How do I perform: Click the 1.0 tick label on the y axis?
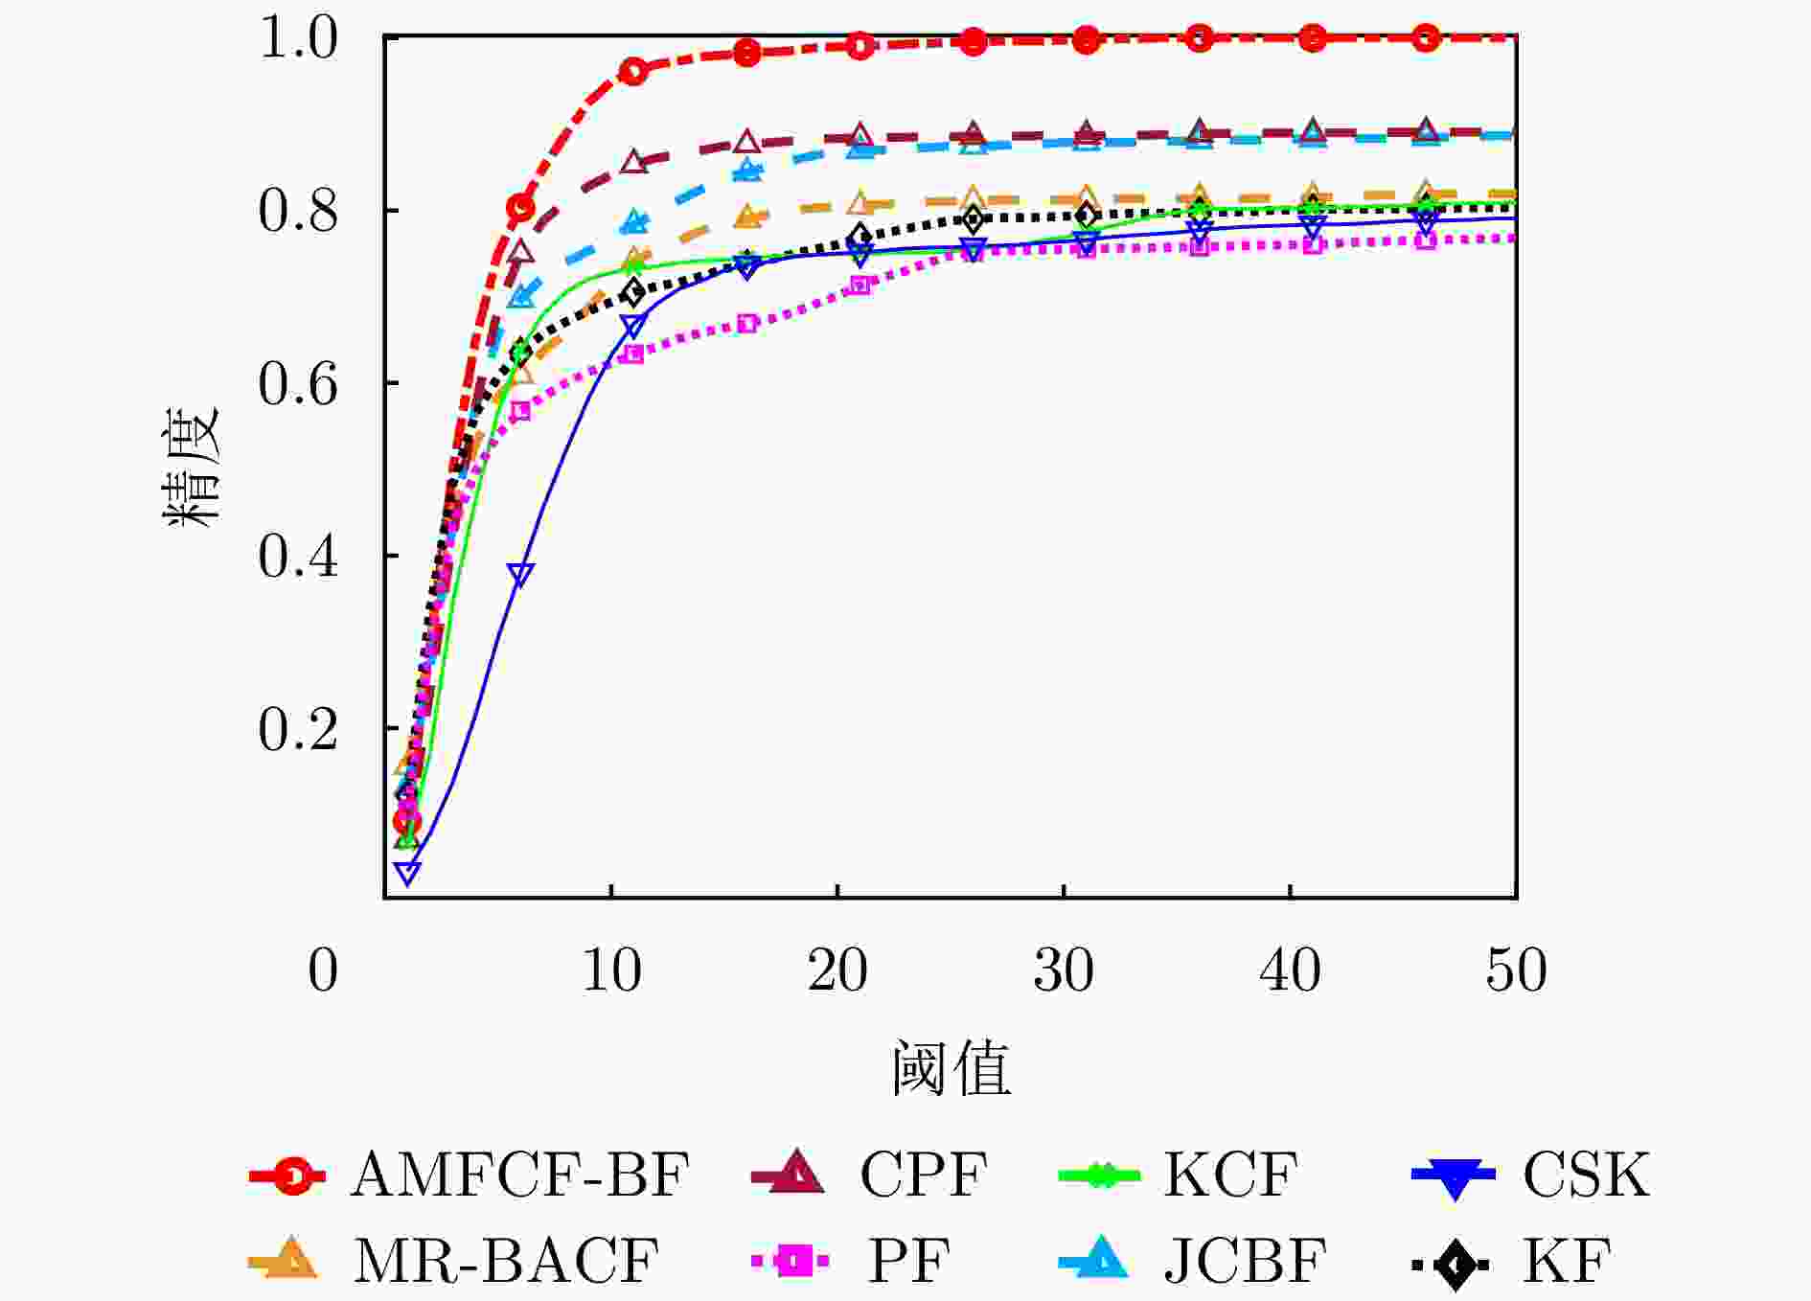pos(298,39)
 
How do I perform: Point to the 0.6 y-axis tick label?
pos(298,384)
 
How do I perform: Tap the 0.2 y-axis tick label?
pos(298,730)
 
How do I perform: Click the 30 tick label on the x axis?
pos(1064,970)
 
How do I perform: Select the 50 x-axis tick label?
pos(1516,970)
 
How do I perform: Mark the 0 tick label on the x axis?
pos(323,970)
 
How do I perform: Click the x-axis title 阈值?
pos(951,1068)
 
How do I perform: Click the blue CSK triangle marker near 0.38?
pos(520,575)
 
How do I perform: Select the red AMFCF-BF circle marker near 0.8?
pos(520,207)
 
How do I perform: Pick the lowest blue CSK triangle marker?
pos(408,873)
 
